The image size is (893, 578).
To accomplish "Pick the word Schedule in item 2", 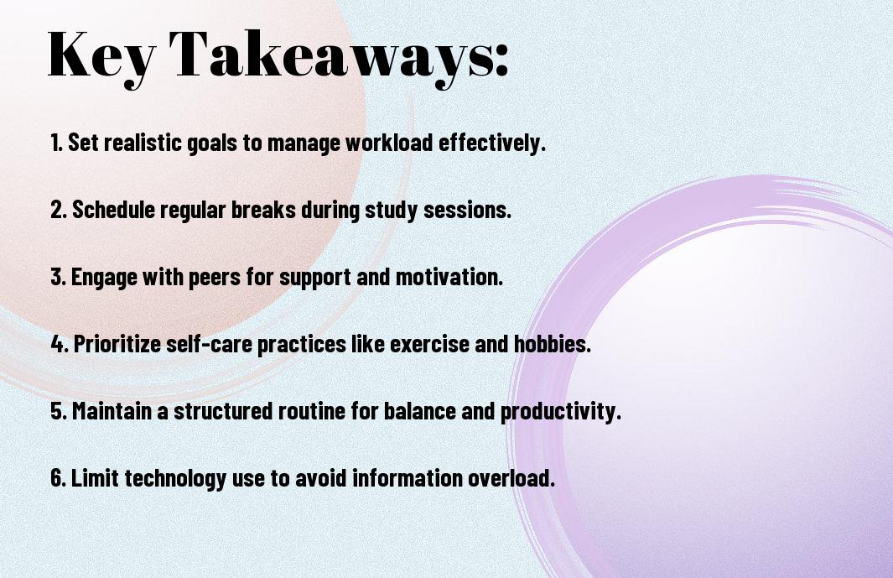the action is [113, 210].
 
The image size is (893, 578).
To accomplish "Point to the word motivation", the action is [449, 277].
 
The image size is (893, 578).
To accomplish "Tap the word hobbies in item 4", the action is [552, 344].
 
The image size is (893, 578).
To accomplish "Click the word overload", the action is [511, 478].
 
